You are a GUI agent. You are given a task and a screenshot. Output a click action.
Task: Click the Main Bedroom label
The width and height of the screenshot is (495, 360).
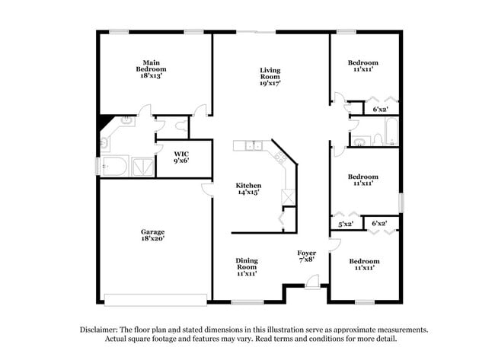pyautogui.click(x=151, y=69)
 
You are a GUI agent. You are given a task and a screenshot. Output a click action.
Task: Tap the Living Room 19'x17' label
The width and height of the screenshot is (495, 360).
pyautogui.click(x=270, y=76)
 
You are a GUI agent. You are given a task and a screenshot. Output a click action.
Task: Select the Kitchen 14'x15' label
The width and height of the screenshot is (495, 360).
pyautogui.click(x=248, y=189)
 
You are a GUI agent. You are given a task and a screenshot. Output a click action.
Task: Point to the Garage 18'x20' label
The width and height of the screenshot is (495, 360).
pyautogui.click(x=152, y=235)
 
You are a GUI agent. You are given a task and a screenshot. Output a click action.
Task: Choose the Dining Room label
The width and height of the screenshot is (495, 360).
pyautogui.click(x=246, y=266)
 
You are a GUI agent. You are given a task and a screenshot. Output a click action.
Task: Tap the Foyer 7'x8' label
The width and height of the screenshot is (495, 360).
pyautogui.click(x=307, y=256)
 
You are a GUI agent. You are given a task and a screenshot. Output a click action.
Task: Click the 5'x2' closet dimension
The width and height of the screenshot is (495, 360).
pyautogui.click(x=345, y=224)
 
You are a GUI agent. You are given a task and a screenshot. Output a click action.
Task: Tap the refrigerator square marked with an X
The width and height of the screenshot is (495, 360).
pyautogui.click(x=289, y=197)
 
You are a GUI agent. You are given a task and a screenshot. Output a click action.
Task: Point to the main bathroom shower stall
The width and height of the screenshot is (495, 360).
pyautogui.click(x=143, y=167)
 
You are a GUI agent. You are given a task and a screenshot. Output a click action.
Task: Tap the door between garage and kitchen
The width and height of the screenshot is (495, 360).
pyautogui.click(x=206, y=190)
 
